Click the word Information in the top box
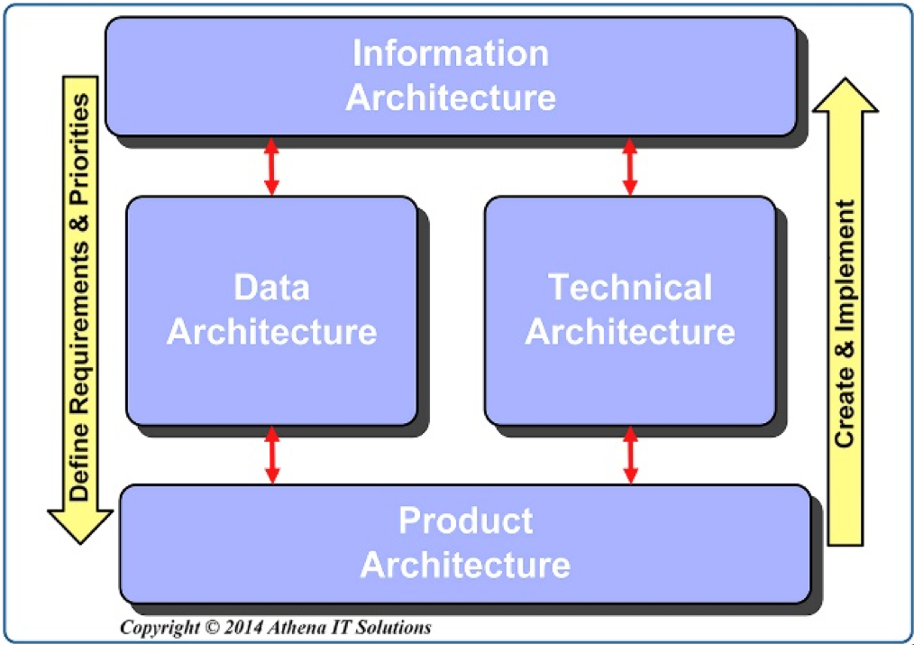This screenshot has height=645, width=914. [450, 53]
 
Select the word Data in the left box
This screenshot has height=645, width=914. [271, 288]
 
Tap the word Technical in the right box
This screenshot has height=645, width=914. [630, 288]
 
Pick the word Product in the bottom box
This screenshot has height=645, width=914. [465, 521]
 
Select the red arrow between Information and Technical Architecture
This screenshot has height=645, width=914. [630, 167]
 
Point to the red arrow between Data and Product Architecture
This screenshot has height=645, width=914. [271, 456]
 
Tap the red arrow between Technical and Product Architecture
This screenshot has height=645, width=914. [630, 456]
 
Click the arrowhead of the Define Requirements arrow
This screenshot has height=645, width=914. [80, 527]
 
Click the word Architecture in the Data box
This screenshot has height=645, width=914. [271, 331]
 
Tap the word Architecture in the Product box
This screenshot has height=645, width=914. [465, 565]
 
